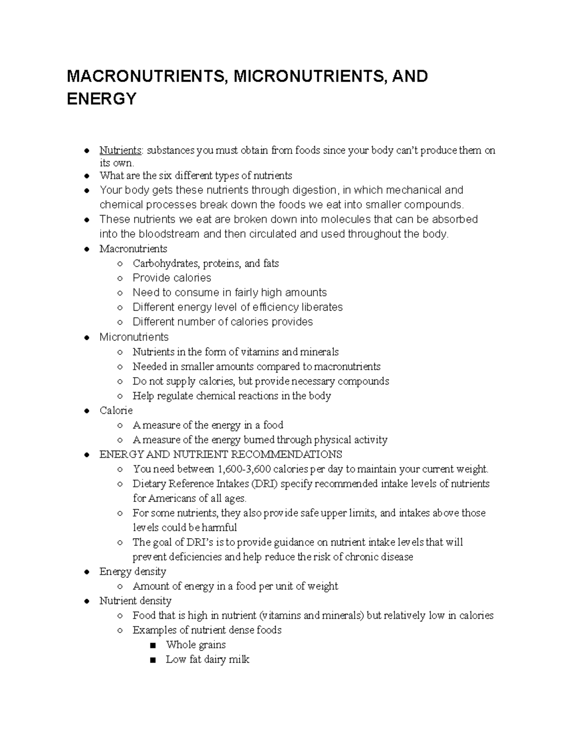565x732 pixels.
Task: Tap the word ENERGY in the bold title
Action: pos(101,99)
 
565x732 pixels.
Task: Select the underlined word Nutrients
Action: pos(121,150)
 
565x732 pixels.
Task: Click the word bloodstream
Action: pos(164,234)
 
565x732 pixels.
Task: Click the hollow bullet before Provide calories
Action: pos(121,278)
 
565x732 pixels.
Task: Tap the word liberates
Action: pos(322,307)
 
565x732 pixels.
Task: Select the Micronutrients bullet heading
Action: pos(134,337)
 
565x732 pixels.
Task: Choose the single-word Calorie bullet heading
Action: pos(116,411)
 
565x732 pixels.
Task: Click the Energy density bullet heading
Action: pos(133,572)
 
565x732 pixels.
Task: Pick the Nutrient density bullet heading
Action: pos(135,601)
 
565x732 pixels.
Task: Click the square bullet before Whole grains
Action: pos(152,645)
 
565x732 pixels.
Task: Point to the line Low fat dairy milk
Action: pos(207,659)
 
